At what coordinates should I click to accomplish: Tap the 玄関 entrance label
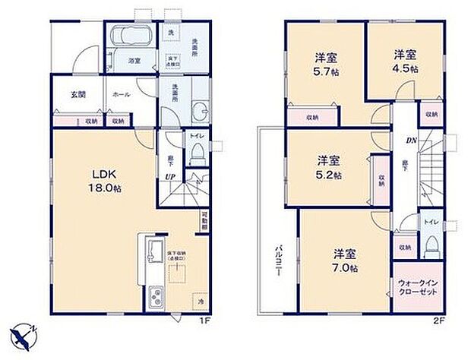(x=66, y=94)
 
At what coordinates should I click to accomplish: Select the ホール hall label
(x=120, y=94)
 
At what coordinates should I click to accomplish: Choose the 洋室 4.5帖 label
(x=406, y=61)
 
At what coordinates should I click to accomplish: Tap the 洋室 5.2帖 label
(x=328, y=167)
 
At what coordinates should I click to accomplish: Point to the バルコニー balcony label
(x=279, y=264)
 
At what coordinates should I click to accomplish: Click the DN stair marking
(x=409, y=141)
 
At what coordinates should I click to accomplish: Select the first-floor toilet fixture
(x=195, y=154)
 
